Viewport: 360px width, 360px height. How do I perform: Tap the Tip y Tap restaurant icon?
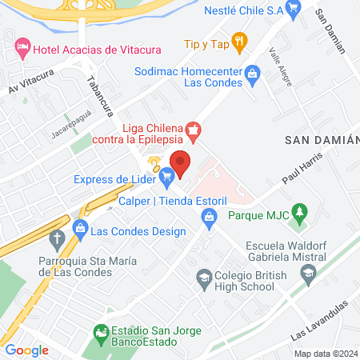(x=238, y=40)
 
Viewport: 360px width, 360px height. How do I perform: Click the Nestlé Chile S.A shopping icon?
(x=294, y=10)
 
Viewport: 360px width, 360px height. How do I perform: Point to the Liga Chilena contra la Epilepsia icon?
(x=192, y=128)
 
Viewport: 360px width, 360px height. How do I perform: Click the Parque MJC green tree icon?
(x=299, y=212)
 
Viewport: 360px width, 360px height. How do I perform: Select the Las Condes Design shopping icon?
(x=80, y=230)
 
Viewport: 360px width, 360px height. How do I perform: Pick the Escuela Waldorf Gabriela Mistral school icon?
(x=307, y=277)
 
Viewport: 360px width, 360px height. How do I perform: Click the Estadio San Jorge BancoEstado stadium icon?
(x=99, y=331)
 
